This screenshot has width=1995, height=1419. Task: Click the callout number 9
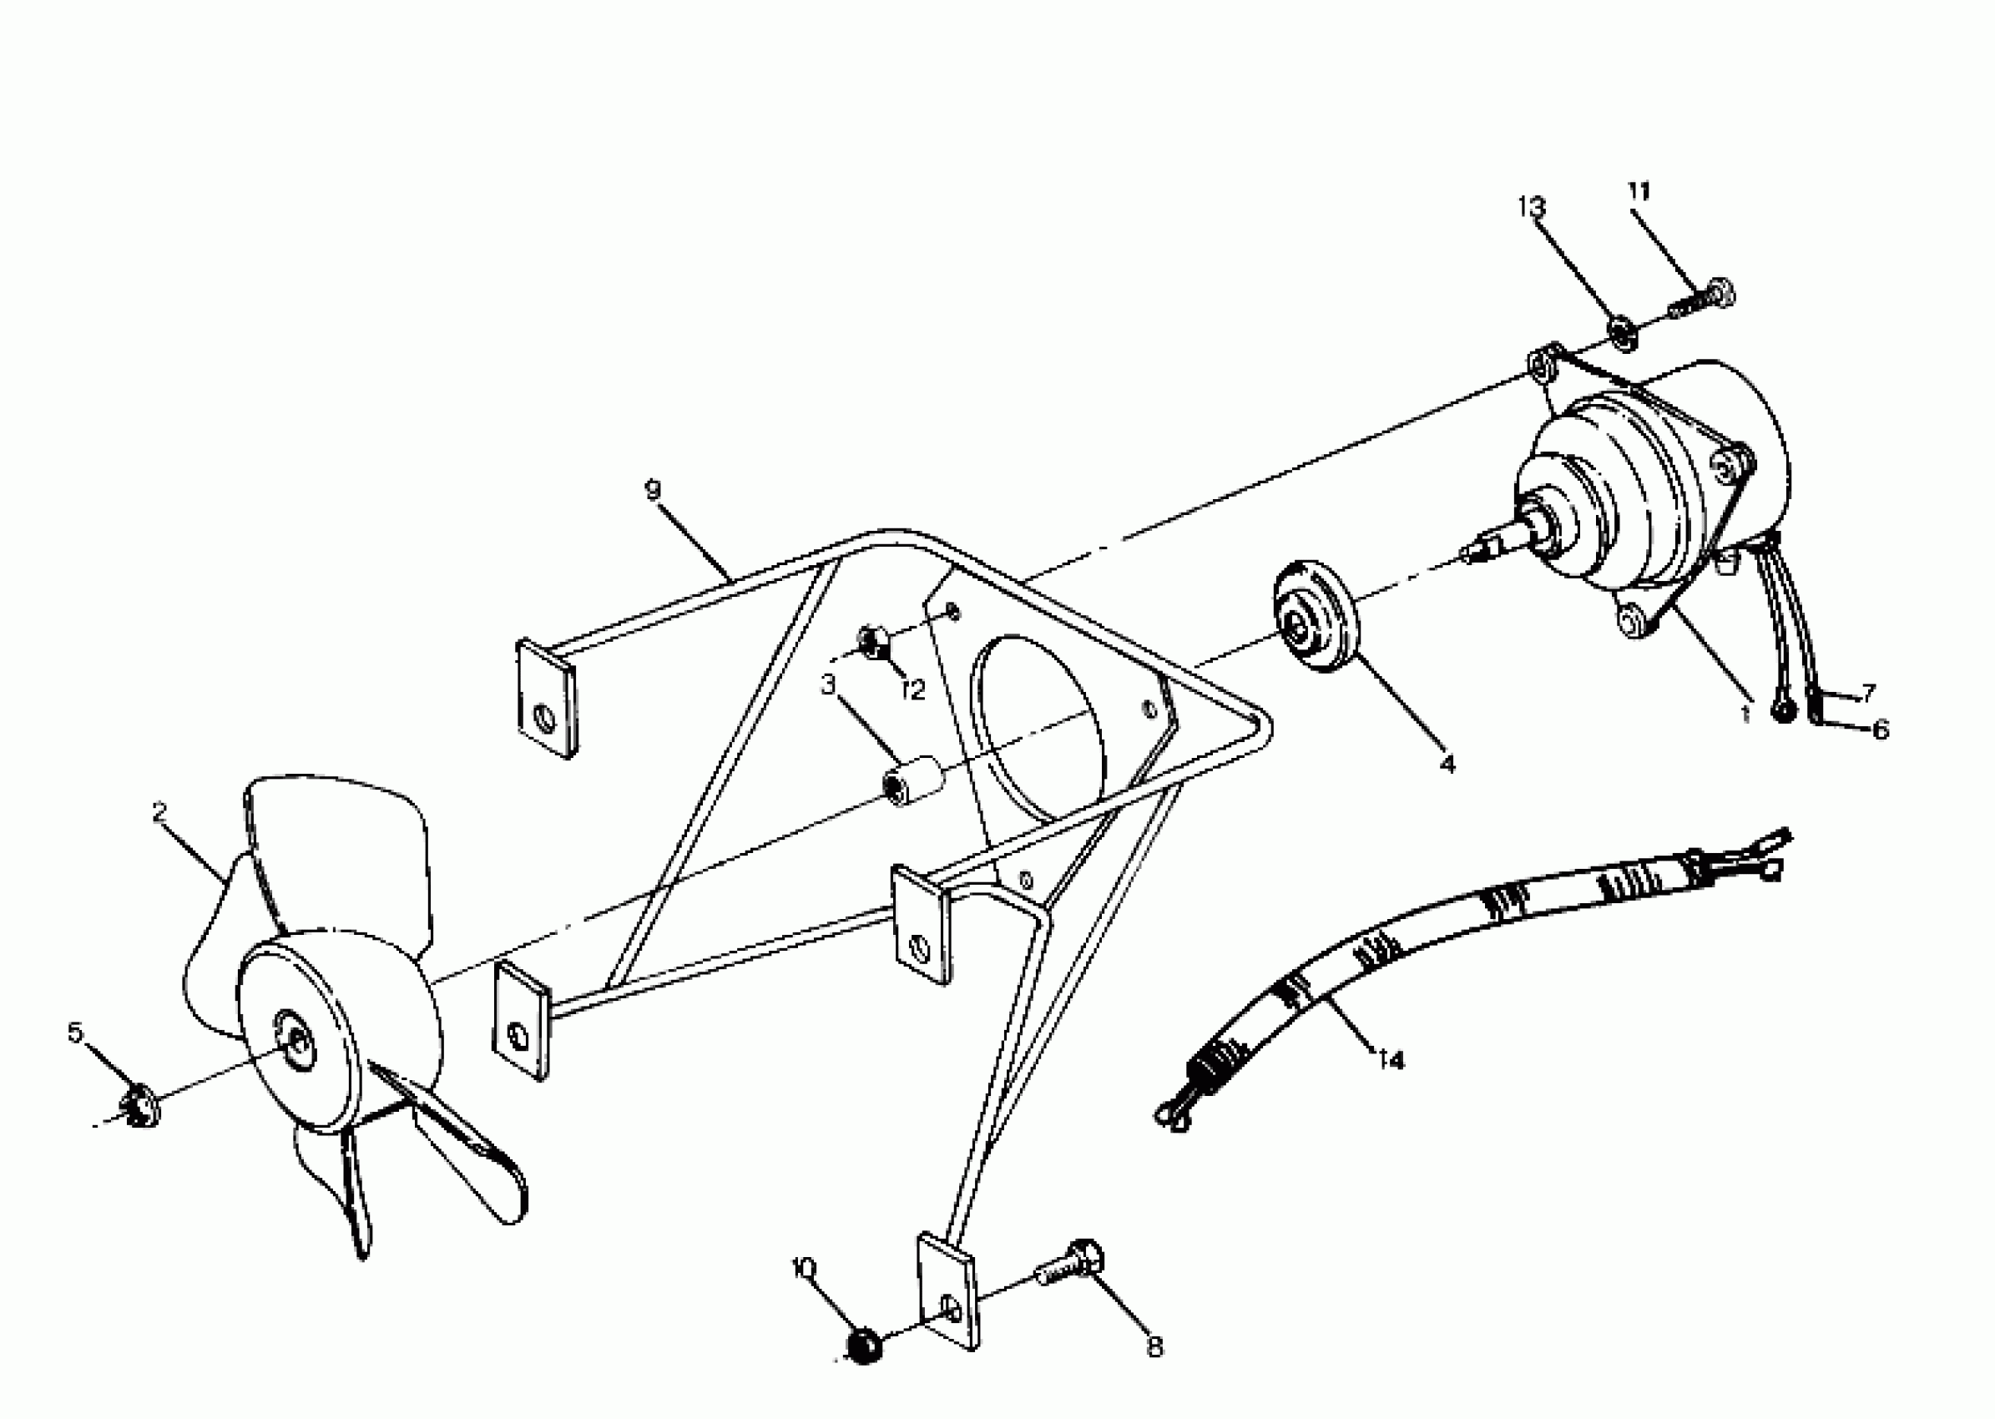653,490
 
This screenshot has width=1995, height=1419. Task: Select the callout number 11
1639,191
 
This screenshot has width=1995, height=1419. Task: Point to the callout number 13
1531,207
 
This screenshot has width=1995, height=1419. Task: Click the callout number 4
1447,765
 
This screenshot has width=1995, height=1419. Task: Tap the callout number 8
1154,1348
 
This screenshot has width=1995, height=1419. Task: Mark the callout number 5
75,1033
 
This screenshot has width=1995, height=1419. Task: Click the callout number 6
1880,729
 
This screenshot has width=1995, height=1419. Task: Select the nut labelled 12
872,642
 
